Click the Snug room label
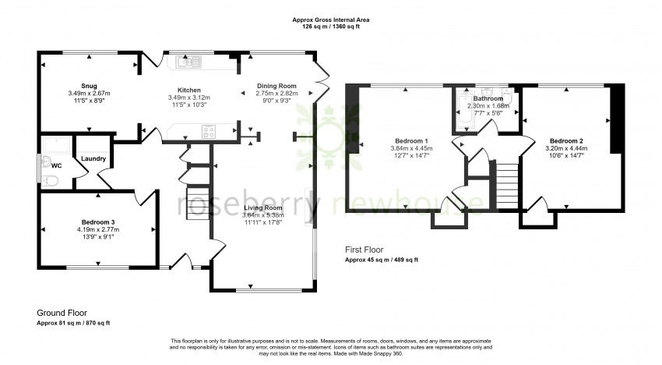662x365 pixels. (88, 86)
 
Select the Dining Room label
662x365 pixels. (276, 85)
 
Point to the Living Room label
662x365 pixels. (262, 207)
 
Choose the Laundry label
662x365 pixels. (93, 159)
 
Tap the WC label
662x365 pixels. (56, 165)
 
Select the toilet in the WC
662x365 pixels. (51, 181)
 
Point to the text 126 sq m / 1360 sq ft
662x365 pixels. (330, 27)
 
